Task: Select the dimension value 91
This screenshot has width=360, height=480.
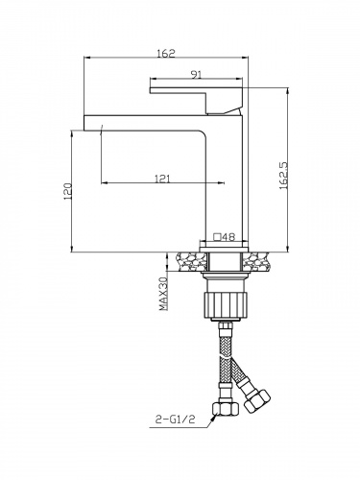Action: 195,73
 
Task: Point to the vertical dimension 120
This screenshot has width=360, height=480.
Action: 66,191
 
